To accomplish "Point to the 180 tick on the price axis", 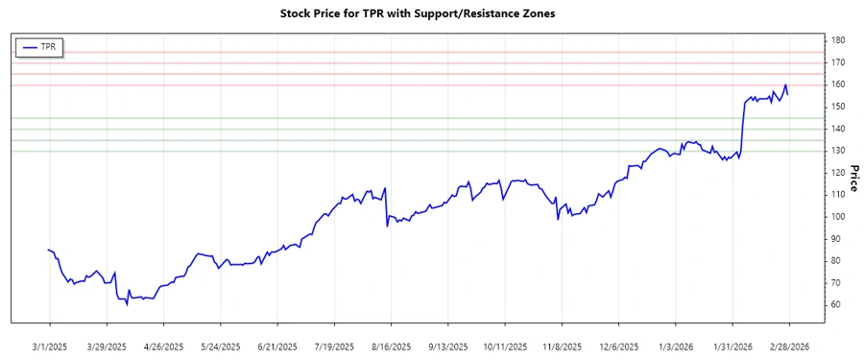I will tap(838, 40).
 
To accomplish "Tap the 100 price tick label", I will tap(838, 217).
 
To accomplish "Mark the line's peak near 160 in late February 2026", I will tap(785, 85).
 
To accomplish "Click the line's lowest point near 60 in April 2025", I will tap(127, 304).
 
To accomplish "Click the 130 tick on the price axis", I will tap(838, 151).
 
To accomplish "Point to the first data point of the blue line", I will tap(49, 250).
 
